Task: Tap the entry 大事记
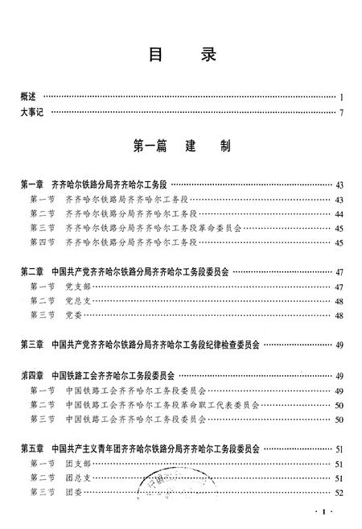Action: (34, 112)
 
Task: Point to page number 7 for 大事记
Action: (341, 112)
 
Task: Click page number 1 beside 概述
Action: (341, 97)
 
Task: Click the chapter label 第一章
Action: (33, 184)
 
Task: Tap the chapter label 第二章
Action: (33, 272)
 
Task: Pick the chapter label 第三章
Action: (33, 345)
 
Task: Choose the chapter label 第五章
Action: (33, 448)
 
